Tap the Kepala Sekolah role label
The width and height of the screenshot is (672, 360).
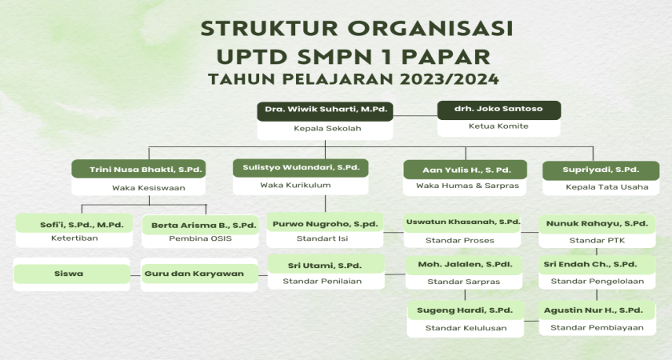coord(324,128)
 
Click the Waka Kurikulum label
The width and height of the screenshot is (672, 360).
coord(301,185)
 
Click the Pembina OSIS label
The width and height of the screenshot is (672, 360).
coord(199,238)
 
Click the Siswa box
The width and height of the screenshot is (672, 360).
coord(72,274)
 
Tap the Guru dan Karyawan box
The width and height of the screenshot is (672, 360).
coord(200,274)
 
